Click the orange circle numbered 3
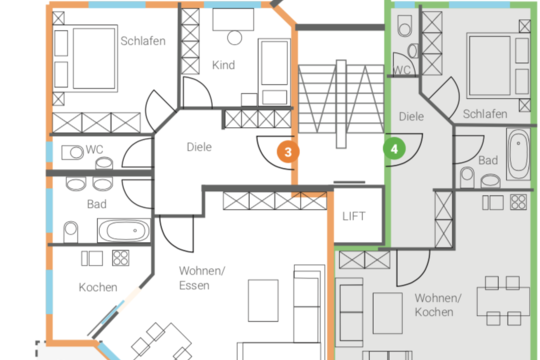(x=288, y=152)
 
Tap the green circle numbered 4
(x=394, y=149)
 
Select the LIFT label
(x=354, y=216)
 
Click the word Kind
(x=224, y=65)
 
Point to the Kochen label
(x=98, y=287)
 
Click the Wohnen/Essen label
(x=202, y=278)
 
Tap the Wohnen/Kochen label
(x=438, y=305)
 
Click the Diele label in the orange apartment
(x=199, y=147)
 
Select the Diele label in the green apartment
(x=411, y=116)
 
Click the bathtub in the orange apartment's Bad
(x=124, y=230)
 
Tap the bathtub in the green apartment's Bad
(x=518, y=154)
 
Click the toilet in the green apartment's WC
(x=405, y=25)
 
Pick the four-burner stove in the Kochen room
(x=121, y=258)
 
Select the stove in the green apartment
(x=518, y=202)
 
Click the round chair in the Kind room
(x=235, y=38)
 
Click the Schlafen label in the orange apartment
(x=143, y=41)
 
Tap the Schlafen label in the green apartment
(x=485, y=114)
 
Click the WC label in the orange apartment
(x=94, y=149)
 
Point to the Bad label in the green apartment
(x=488, y=160)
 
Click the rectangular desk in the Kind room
(x=233, y=20)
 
